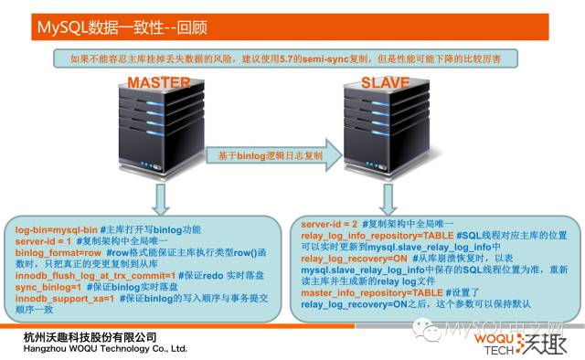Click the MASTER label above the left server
(159, 83)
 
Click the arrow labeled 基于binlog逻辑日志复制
(264, 156)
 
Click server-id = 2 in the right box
(328, 223)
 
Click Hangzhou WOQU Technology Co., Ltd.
(104, 349)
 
